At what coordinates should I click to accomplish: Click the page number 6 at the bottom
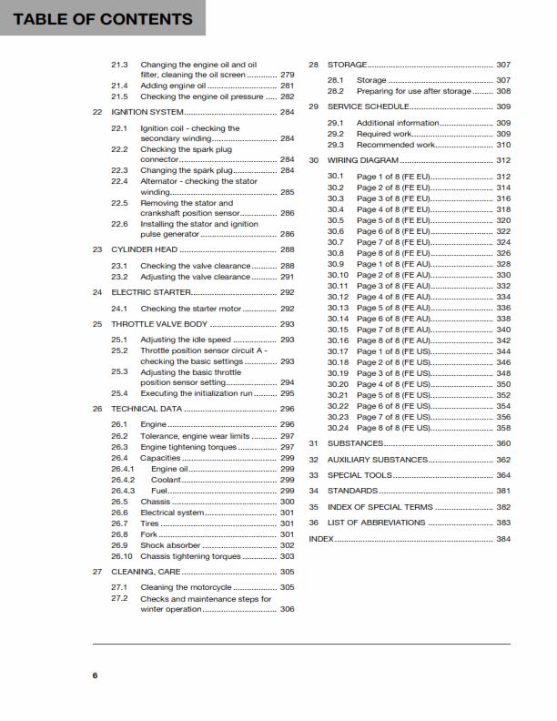click(x=95, y=675)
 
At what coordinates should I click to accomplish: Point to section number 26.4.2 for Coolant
click(x=123, y=479)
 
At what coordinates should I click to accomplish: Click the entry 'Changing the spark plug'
click(x=187, y=170)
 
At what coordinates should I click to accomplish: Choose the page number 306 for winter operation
click(x=287, y=609)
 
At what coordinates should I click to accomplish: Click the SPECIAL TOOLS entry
click(x=360, y=475)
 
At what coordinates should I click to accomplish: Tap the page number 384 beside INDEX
click(x=503, y=539)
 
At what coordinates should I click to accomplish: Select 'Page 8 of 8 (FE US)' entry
click(x=394, y=428)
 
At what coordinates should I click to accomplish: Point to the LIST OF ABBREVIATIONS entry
click(x=376, y=523)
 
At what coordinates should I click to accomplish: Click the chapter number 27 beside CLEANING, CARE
click(x=97, y=572)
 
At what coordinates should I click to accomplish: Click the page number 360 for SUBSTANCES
click(x=503, y=443)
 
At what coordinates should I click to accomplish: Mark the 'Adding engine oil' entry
click(x=174, y=86)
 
